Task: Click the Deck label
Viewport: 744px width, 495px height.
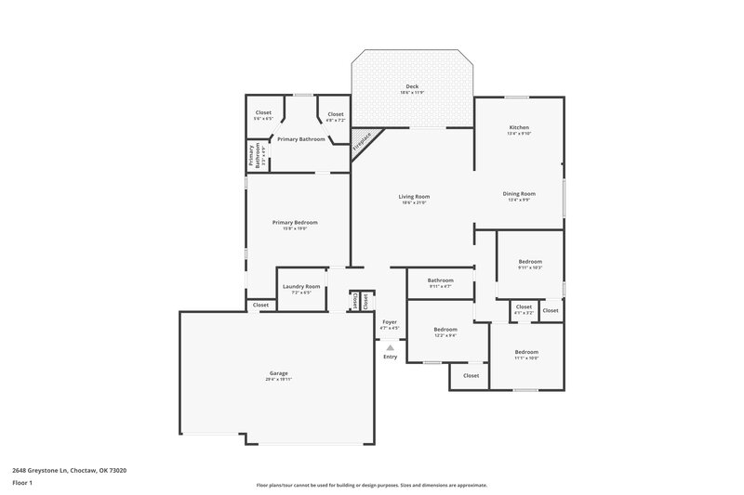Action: tap(412, 86)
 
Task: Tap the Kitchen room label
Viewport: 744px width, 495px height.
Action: tap(518, 127)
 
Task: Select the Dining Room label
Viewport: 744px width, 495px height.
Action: tap(518, 194)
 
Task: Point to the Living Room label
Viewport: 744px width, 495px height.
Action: tap(414, 196)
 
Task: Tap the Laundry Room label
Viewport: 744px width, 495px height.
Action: tap(301, 287)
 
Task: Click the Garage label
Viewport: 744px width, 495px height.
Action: tap(278, 373)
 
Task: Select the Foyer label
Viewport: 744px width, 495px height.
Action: tap(390, 321)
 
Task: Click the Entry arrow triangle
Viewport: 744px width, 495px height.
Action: tap(390, 347)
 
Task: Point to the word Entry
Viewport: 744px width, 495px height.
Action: tap(390, 357)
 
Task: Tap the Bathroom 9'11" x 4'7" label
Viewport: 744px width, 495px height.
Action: tap(441, 280)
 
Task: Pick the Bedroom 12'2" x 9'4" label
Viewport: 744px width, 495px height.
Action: tap(445, 329)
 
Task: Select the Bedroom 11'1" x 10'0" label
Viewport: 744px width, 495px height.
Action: tap(526, 352)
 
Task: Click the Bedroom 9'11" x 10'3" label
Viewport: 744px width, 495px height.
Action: tap(529, 262)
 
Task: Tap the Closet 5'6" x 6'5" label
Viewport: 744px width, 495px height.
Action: tap(264, 112)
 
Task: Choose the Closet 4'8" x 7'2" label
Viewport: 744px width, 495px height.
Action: tap(335, 114)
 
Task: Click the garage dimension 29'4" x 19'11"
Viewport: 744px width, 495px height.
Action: tap(278, 379)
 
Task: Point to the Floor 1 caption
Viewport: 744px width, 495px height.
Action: tap(21, 484)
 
